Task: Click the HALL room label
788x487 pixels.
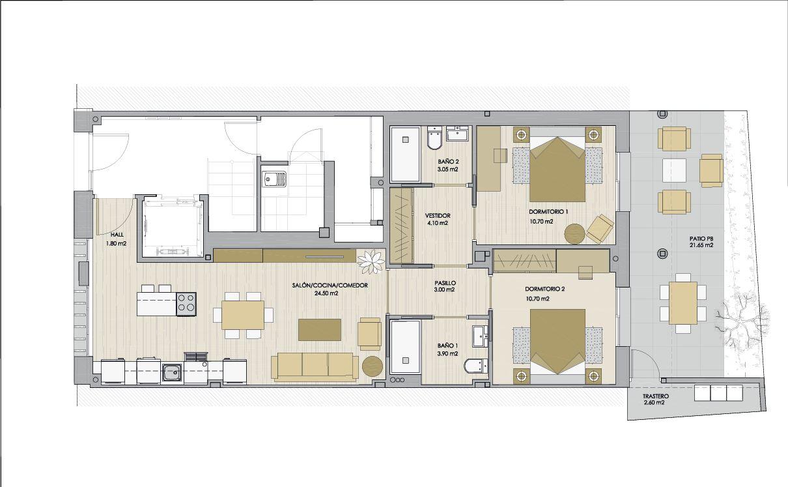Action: tap(117, 235)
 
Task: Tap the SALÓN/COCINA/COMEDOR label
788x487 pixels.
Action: tap(330, 286)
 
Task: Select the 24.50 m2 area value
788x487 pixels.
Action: tap(326, 293)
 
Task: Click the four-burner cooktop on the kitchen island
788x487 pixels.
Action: tap(186, 304)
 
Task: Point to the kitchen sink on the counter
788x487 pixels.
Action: tap(172, 371)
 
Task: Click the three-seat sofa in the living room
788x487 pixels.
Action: tap(315, 367)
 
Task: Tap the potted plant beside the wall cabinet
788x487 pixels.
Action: tap(371, 261)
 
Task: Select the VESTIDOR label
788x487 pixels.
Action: tap(438, 216)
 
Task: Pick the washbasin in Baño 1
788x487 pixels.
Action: tap(480, 336)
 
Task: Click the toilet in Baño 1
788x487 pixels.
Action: tap(475, 366)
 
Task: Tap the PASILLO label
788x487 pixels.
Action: tap(445, 283)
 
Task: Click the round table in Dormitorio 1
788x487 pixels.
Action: tap(575, 233)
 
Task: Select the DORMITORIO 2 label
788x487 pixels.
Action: tap(544, 289)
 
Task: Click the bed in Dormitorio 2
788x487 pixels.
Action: tap(557, 347)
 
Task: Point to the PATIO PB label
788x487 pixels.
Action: tap(701, 239)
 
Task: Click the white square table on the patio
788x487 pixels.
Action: tap(674, 170)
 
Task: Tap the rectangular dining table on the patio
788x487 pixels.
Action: tap(682, 303)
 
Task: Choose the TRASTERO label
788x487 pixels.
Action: tap(656, 396)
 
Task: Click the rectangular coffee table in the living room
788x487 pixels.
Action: tap(319, 330)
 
